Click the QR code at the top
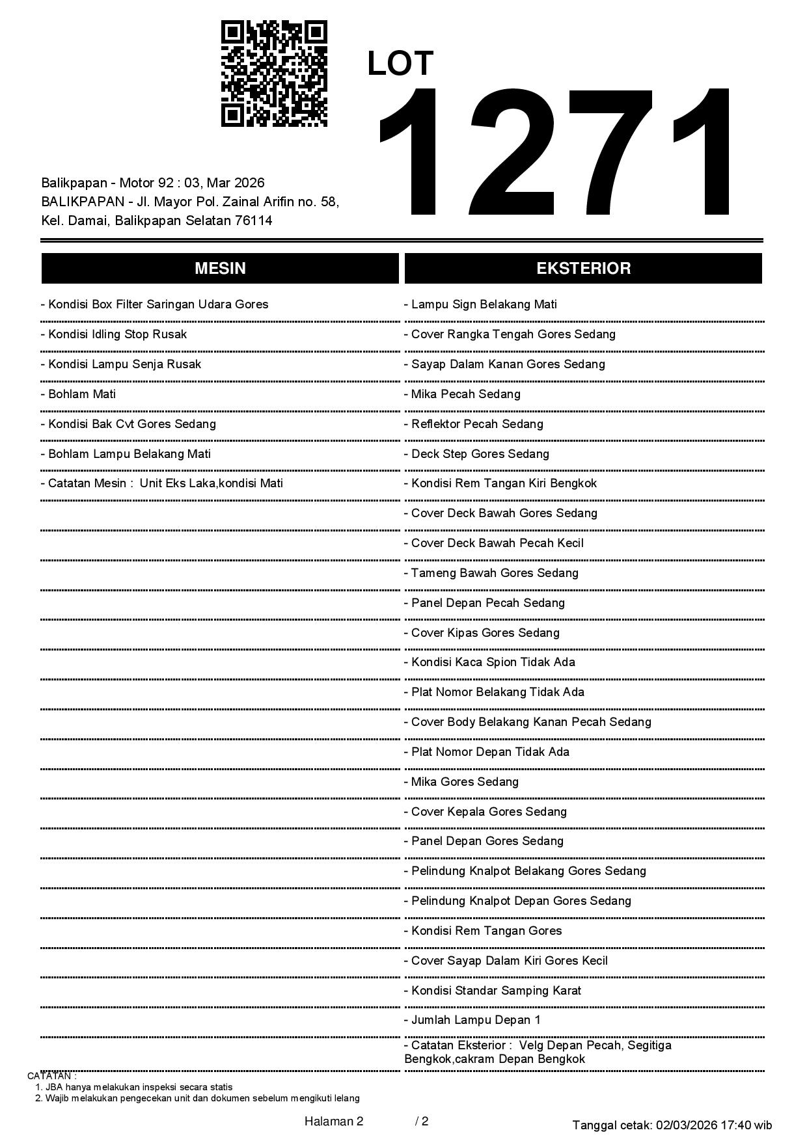click(x=274, y=74)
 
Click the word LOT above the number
click(x=400, y=64)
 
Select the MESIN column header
click(x=220, y=269)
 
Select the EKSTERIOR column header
click(x=583, y=269)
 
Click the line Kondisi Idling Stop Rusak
click(x=114, y=334)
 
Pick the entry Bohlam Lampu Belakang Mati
click(x=126, y=454)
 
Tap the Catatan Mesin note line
click(x=162, y=483)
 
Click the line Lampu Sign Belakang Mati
click(x=480, y=304)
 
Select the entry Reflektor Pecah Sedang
click(x=474, y=424)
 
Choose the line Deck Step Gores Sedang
click(x=476, y=454)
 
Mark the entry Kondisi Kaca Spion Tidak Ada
click(x=489, y=662)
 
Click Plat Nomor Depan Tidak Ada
click(x=487, y=752)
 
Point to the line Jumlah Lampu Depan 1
click(x=472, y=1020)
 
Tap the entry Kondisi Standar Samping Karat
click(x=493, y=991)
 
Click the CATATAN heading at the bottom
click(x=52, y=1076)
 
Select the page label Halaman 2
click(x=334, y=1121)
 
